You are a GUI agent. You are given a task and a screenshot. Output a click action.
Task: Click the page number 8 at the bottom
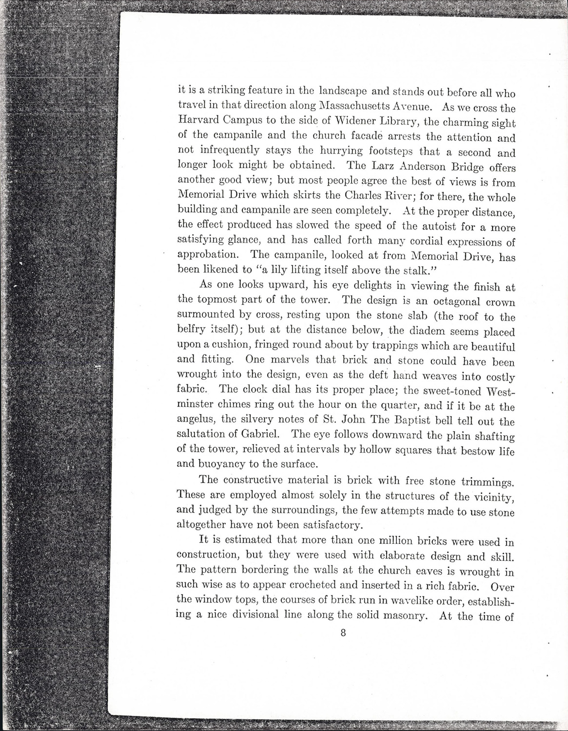(343, 634)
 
